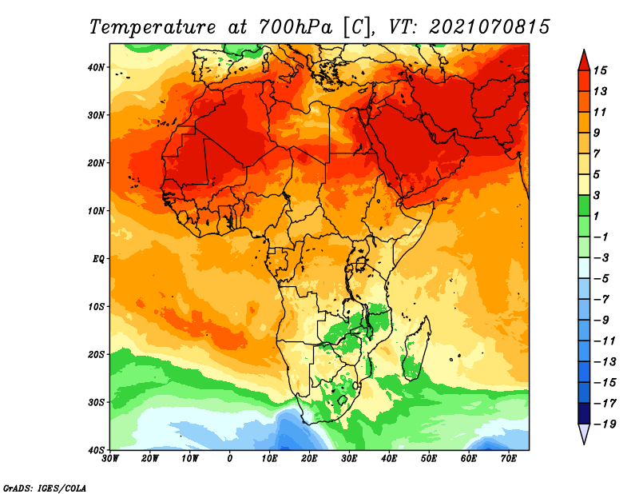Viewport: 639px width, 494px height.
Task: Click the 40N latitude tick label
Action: (x=96, y=67)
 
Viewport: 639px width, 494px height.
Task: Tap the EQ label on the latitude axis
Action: (x=98, y=259)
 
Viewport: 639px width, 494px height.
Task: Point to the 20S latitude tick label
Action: (x=96, y=354)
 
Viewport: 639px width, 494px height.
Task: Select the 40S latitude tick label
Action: (x=96, y=450)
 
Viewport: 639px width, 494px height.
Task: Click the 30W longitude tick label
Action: (x=110, y=459)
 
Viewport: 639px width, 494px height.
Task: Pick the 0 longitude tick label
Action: (x=230, y=459)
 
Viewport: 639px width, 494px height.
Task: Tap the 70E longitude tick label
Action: (x=509, y=459)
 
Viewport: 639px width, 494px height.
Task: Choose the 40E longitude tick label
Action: (x=389, y=459)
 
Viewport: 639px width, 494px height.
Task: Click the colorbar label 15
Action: (x=600, y=70)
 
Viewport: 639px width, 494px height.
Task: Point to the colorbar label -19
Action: (x=605, y=424)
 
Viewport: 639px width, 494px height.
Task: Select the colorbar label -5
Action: (x=601, y=279)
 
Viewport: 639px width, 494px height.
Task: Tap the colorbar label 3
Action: (x=597, y=195)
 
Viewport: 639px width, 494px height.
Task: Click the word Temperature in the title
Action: (x=153, y=27)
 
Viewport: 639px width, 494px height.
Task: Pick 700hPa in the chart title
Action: (x=296, y=27)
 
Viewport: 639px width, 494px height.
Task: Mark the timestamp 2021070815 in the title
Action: (x=490, y=27)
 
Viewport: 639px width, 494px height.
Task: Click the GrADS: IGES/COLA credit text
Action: (x=45, y=488)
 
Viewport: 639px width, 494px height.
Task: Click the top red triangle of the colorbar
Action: (x=584, y=61)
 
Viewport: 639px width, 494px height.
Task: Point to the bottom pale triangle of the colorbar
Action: (x=584, y=434)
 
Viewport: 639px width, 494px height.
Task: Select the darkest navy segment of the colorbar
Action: (x=584, y=413)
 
